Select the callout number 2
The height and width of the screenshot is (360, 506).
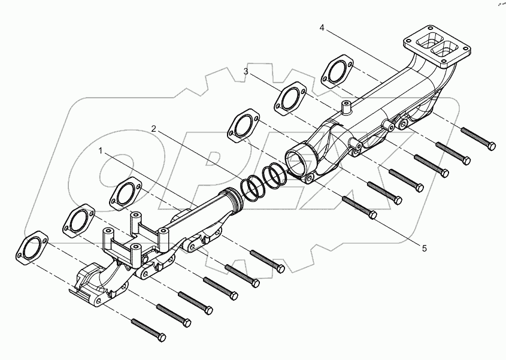154,128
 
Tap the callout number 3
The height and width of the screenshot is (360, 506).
246,71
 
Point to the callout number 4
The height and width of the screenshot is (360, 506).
322,28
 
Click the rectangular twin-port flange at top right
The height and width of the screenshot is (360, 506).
433,45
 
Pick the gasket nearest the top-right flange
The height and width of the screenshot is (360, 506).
337,71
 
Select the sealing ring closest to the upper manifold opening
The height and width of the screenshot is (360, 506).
276,176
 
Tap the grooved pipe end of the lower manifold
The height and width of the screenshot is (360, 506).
230,199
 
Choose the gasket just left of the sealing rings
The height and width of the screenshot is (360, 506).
243,127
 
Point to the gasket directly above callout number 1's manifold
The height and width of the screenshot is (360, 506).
125,193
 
